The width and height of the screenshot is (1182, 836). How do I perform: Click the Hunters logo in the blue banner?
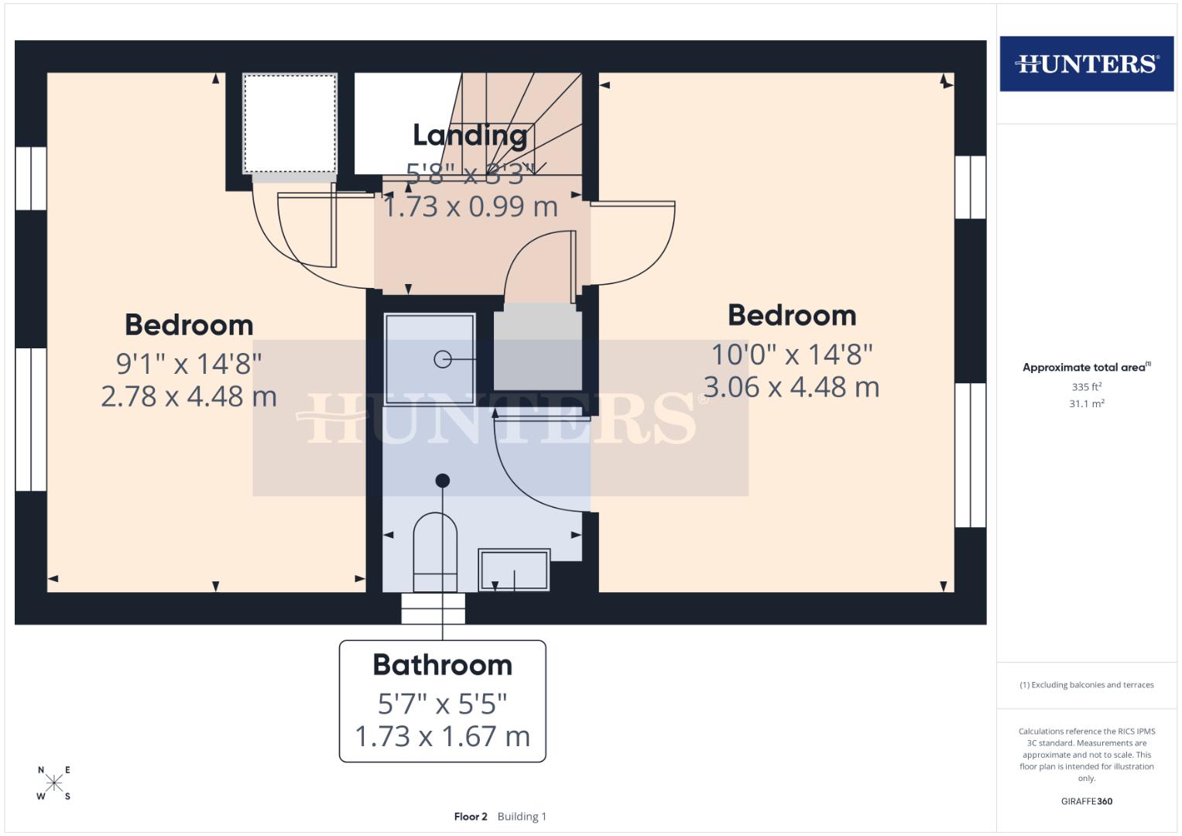[1086, 63]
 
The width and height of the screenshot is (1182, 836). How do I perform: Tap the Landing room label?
[470, 135]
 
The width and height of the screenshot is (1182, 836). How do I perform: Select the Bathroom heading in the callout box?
[442, 665]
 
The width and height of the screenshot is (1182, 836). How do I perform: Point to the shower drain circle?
[443, 359]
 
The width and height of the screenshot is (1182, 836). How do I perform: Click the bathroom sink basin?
[514, 570]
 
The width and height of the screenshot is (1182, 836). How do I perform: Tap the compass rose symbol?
[54, 783]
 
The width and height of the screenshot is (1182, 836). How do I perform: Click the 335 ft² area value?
[1086, 387]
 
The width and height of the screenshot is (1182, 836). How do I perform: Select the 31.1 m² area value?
[1086, 404]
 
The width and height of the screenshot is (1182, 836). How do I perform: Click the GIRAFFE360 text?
[1086, 801]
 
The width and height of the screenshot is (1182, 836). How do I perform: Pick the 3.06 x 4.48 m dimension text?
[791, 387]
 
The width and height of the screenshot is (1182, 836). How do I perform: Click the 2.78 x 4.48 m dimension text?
[189, 396]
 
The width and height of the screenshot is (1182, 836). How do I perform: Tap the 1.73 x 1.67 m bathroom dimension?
[442, 736]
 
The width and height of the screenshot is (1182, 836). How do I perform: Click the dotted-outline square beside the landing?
[290, 124]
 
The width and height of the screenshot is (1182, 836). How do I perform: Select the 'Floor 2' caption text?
[471, 817]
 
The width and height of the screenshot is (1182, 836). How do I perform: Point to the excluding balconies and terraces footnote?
[1086, 685]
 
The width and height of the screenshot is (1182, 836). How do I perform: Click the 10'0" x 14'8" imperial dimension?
[791, 355]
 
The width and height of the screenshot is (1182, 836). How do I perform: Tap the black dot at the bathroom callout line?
[443, 481]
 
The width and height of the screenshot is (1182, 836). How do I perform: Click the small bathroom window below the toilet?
[433, 608]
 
